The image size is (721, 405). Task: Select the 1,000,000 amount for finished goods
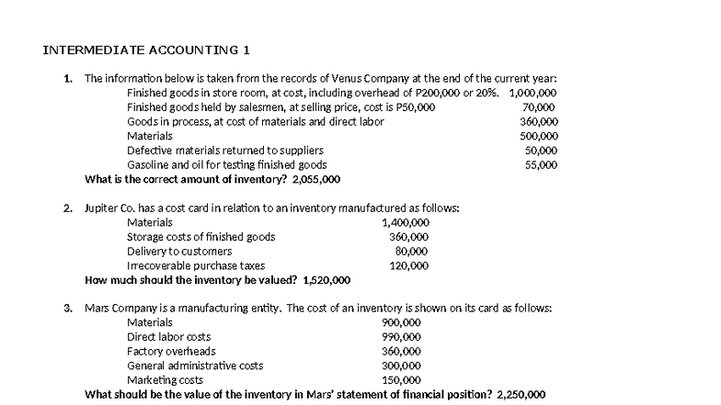tap(533, 93)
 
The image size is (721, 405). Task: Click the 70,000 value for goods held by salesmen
tap(539, 107)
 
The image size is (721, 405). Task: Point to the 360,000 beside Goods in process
tap(539, 121)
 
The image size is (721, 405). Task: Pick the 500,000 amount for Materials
tap(539, 136)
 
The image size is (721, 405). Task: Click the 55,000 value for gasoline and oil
tap(541, 164)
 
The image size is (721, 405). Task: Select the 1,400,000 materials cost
tap(406, 222)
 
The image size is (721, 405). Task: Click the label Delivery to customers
tap(178, 251)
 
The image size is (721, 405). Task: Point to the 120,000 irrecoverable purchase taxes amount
tap(409, 265)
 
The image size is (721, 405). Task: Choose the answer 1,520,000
tap(328, 280)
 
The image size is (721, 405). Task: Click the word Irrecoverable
tap(158, 265)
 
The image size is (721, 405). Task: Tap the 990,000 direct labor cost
tap(401, 337)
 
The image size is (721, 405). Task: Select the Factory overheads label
tap(171, 351)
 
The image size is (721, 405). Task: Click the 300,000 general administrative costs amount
tap(401, 366)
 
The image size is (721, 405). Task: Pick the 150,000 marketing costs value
tap(401, 380)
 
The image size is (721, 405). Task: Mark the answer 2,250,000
tap(521, 395)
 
